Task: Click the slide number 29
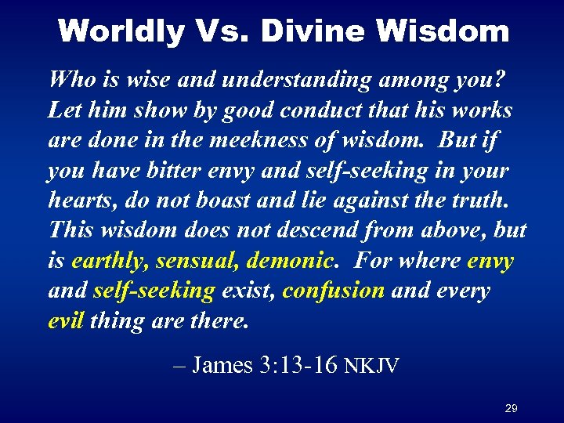coord(512,408)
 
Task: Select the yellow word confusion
coord(333,291)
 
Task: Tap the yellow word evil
coord(66,320)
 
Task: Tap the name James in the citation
coord(222,365)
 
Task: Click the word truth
coord(482,201)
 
